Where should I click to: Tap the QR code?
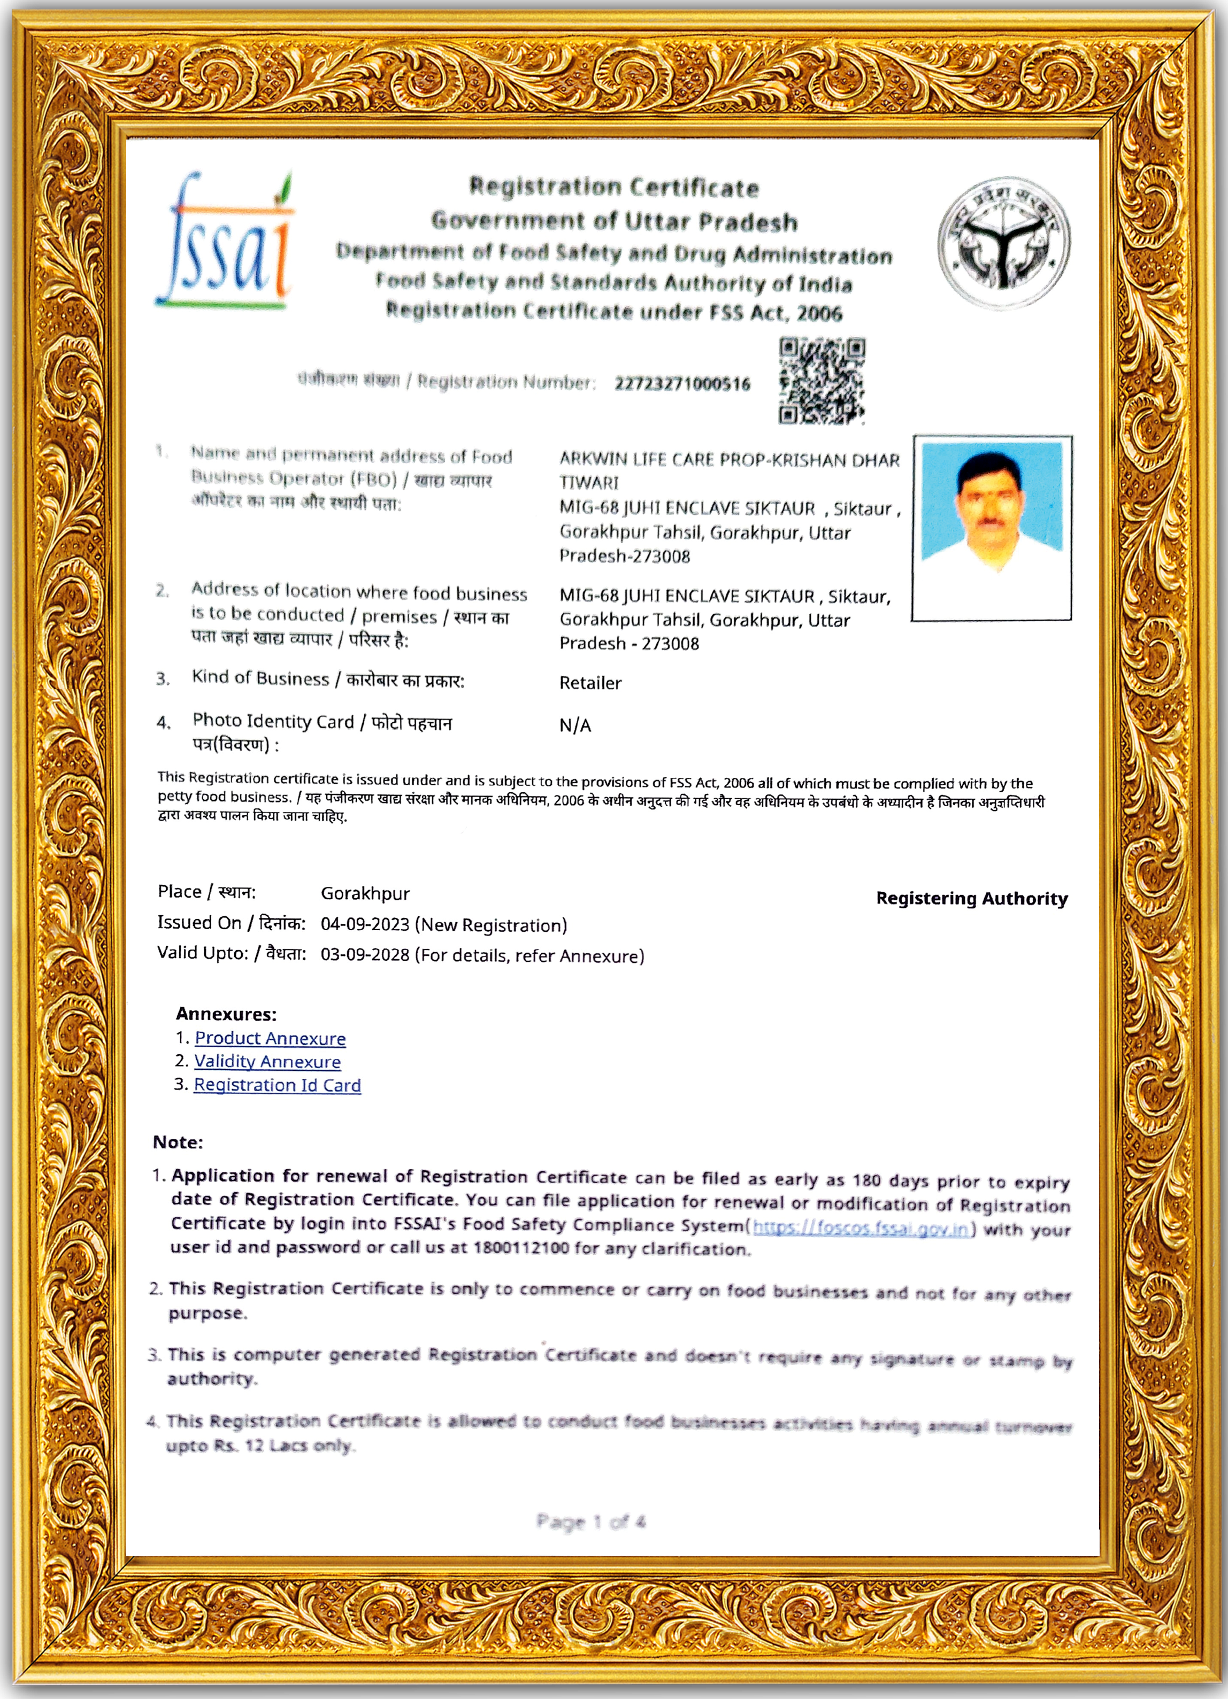point(822,381)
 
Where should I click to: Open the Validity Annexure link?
point(267,1062)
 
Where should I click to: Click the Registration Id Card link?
point(277,1085)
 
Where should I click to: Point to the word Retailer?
point(590,683)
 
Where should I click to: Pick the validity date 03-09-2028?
point(365,956)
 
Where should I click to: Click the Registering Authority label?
point(972,899)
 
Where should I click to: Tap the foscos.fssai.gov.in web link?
point(862,1229)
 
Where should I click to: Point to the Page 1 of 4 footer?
point(590,1522)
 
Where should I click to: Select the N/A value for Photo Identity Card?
point(574,725)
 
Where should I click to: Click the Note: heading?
point(178,1142)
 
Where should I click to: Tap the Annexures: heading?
point(226,1014)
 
